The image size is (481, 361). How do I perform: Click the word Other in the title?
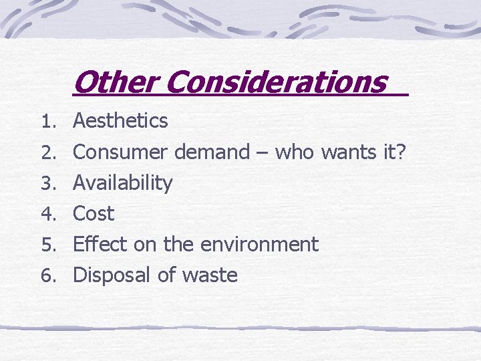[x=116, y=83]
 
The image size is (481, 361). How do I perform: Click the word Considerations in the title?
[x=276, y=83]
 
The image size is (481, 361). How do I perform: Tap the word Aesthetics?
[x=120, y=121]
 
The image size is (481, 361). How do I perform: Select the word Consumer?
[x=122, y=152]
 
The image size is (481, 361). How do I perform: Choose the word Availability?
[x=122, y=183]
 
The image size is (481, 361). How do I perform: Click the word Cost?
[x=94, y=214]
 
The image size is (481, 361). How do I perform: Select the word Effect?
[x=100, y=245]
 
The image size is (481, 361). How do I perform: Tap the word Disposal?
[x=112, y=275]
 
